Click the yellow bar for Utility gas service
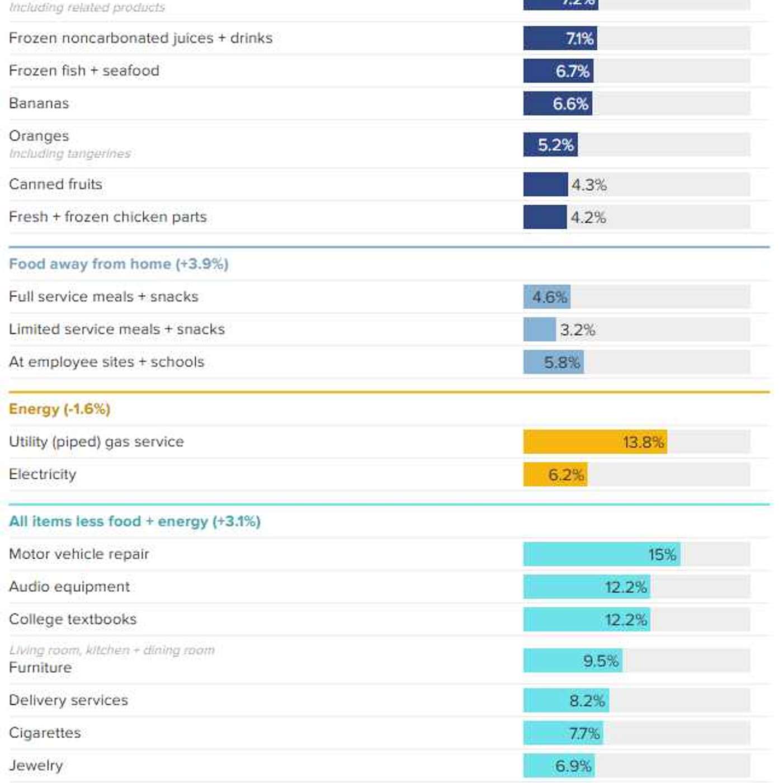tap(595, 442)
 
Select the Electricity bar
tap(555, 474)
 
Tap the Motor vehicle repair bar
tap(602, 554)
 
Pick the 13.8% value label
tap(644, 442)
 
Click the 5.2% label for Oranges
tap(556, 145)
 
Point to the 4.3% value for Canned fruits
tap(589, 185)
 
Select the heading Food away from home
tap(119, 264)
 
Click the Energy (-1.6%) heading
tap(59, 409)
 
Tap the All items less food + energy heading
tap(135, 521)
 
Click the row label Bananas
tap(39, 103)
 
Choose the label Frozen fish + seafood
tap(84, 70)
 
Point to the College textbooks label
tap(73, 619)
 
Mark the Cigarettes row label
tap(45, 733)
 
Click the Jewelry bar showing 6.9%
tap(559, 766)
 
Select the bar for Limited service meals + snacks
tap(540, 329)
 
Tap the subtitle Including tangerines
tap(70, 153)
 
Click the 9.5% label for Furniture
tap(601, 661)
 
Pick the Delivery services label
tap(69, 700)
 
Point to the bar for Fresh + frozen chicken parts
tap(545, 217)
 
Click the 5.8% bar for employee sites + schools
tap(553, 362)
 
